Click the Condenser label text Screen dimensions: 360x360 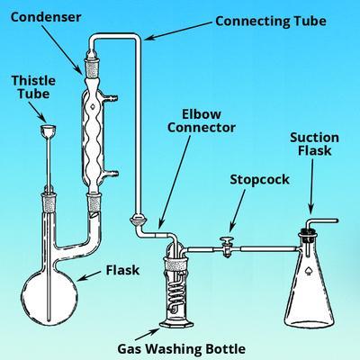tap(46, 17)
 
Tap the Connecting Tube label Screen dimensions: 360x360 tap(271, 22)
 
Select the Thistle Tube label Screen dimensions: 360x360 tap(33, 87)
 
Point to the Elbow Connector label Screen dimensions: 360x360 tap(202, 121)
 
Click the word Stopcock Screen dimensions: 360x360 tap(259, 179)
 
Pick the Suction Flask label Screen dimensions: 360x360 tap(314, 144)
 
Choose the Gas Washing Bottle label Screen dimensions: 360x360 tap(181, 349)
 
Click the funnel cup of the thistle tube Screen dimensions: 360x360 tap(48, 130)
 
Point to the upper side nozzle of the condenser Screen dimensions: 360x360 tap(111, 97)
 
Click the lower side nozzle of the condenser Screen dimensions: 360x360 tap(111, 173)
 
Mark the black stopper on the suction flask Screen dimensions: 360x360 tap(308, 234)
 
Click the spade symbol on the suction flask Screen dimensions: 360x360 tap(309, 271)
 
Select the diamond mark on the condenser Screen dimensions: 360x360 tap(93, 106)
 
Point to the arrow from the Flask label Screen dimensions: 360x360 tap(89, 276)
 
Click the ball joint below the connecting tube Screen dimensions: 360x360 tap(138, 221)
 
